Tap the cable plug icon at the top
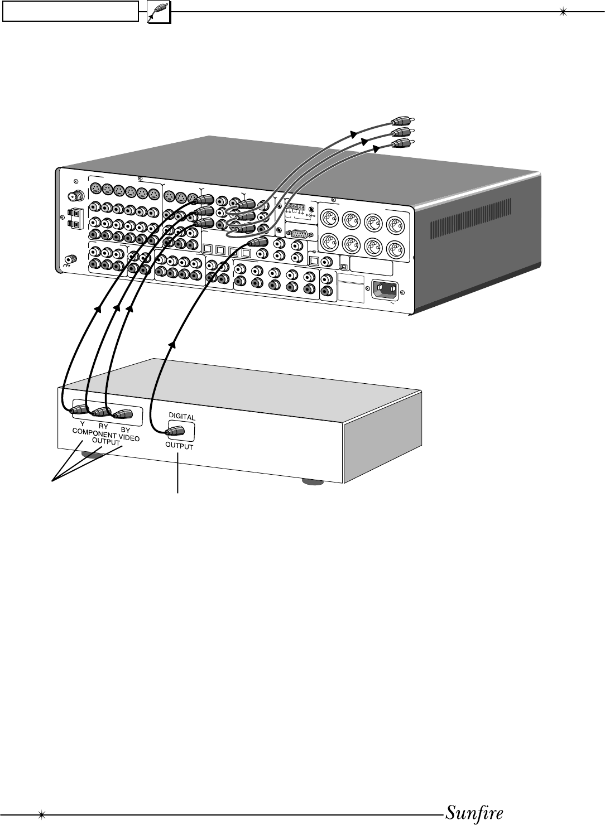159,12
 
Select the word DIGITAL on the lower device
181,417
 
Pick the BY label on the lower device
125,430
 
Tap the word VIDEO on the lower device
129,438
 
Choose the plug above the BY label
122,414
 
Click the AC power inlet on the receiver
385,290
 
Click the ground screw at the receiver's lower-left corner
71,260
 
